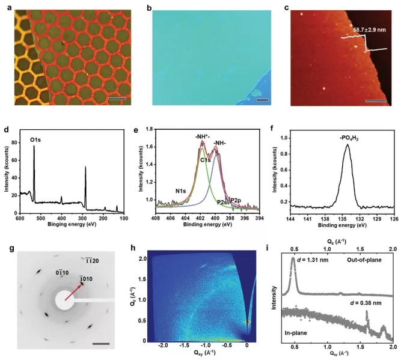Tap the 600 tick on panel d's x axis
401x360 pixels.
point(20,220)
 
